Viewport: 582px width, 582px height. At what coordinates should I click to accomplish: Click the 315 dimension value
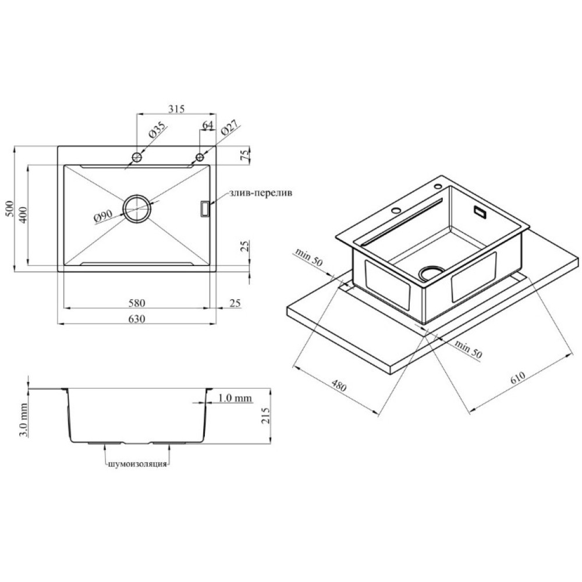[x=176, y=109]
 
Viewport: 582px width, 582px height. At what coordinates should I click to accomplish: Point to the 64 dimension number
[x=208, y=125]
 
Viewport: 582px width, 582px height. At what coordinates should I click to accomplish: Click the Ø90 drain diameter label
[x=103, y=217]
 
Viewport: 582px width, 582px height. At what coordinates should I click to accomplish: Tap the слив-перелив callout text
[x=261, y=193]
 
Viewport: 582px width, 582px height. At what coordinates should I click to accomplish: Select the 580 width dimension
[x=137, y=303]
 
